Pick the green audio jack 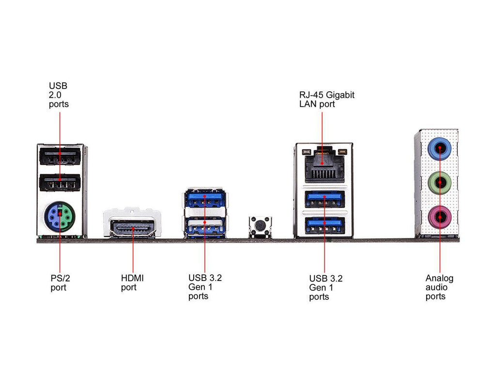point(439,183)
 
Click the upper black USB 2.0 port point(60,157)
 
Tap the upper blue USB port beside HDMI point(204,199)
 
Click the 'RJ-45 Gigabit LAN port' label point(326,99)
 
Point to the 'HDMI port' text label point(132,283)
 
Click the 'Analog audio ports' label point(439,287)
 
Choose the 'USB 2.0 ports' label point(59,95)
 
